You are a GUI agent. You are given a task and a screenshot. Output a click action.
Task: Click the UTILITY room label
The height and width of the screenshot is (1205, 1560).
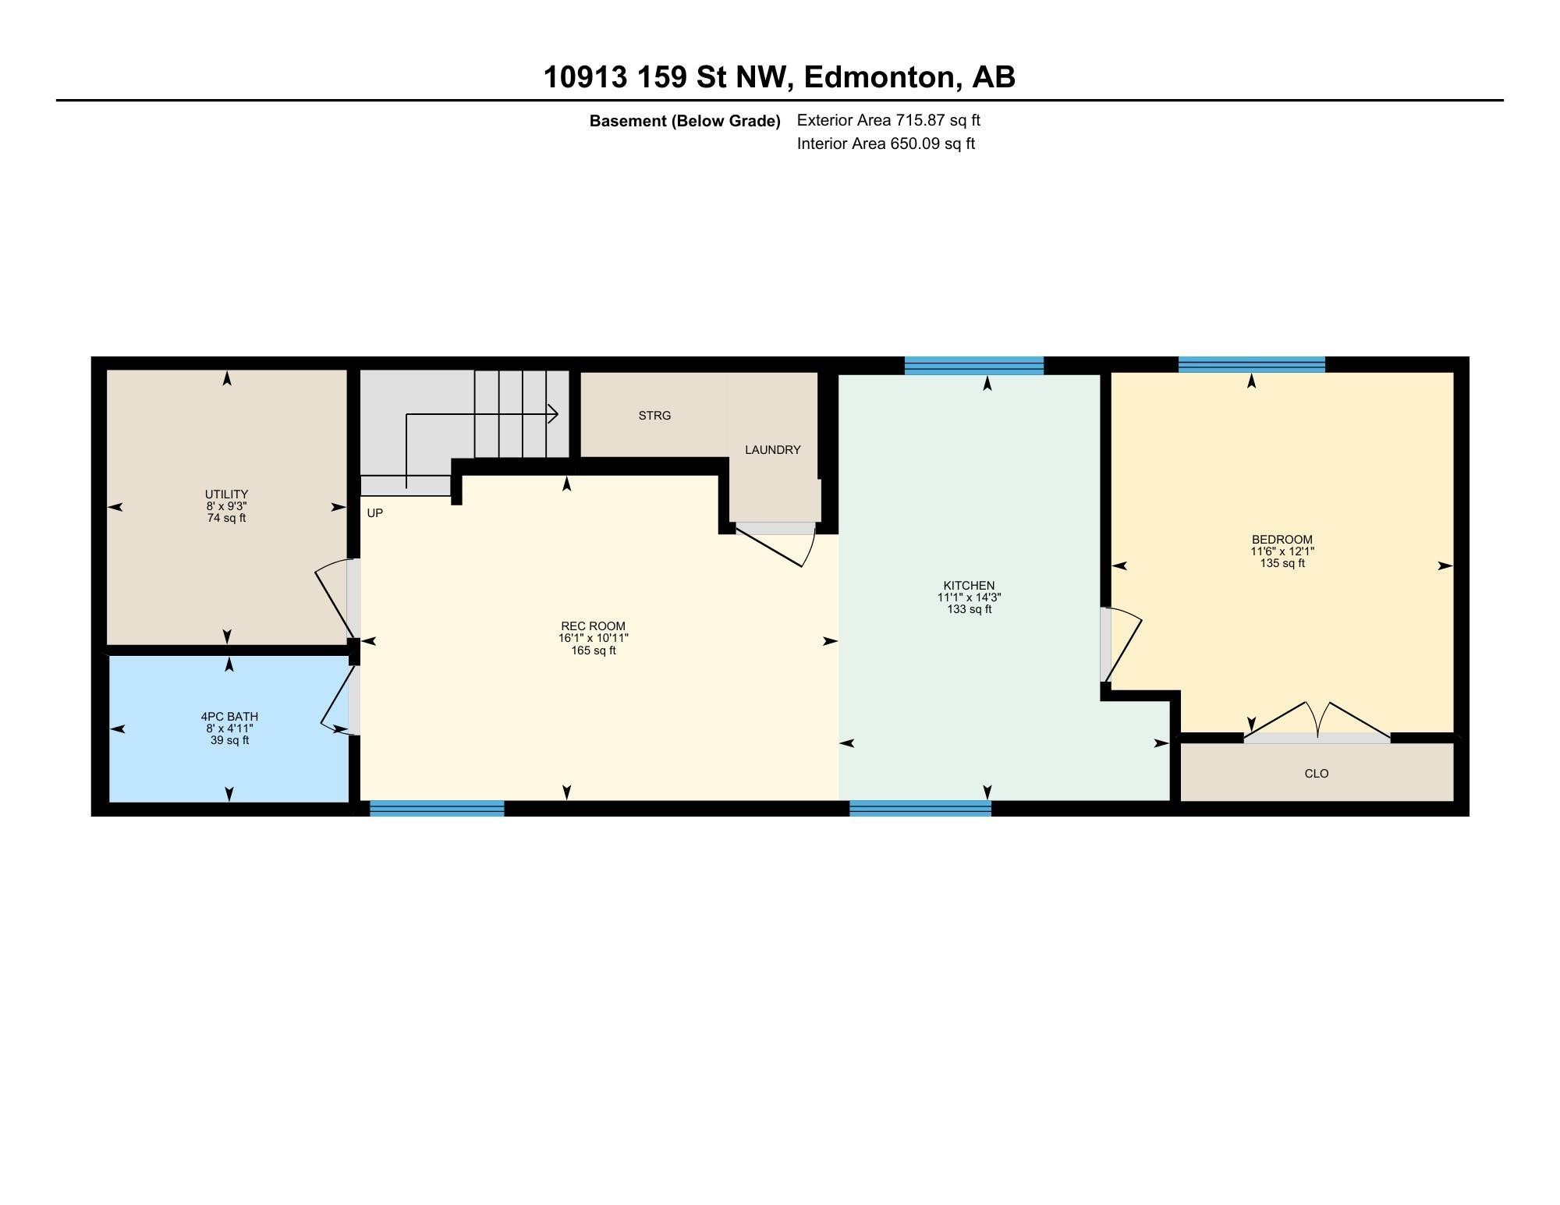pos(226,494)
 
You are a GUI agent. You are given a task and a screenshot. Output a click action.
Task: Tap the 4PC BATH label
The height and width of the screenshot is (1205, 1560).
pos(229,717)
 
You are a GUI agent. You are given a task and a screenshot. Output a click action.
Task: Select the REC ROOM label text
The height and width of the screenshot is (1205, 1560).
pos(593,626)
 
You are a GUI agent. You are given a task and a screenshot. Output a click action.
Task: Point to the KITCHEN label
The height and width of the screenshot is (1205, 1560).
pos(969,586)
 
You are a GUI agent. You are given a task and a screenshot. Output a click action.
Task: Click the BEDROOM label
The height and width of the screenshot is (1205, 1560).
pos(1282,540)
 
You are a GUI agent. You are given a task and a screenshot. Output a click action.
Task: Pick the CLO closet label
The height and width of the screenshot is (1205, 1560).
pos(1316,774)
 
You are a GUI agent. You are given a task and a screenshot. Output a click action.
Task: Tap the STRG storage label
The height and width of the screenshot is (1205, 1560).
pos(654,416)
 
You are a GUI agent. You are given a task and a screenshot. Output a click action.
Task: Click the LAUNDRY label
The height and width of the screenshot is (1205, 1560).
pos(772,450)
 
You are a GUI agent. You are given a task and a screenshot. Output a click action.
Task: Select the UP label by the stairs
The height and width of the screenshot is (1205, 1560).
pos(375,513)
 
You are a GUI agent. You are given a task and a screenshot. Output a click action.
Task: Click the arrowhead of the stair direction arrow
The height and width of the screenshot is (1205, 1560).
pos(553,413)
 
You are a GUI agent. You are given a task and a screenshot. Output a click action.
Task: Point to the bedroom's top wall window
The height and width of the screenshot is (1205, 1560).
pos(1251,364)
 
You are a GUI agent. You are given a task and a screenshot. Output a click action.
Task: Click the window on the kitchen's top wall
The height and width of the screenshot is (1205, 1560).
pos(973,365)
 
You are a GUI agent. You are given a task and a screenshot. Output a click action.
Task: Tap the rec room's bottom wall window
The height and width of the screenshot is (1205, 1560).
pos(437,809)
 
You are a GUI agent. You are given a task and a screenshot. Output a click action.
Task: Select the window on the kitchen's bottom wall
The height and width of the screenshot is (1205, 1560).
pos(920,809)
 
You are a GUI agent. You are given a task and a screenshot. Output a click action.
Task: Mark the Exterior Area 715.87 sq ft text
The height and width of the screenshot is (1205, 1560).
pos(888,120)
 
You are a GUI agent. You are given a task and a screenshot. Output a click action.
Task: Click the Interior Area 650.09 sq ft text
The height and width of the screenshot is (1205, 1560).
pos(885,144)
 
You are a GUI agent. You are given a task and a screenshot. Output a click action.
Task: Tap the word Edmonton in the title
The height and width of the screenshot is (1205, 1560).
pos(879,77)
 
